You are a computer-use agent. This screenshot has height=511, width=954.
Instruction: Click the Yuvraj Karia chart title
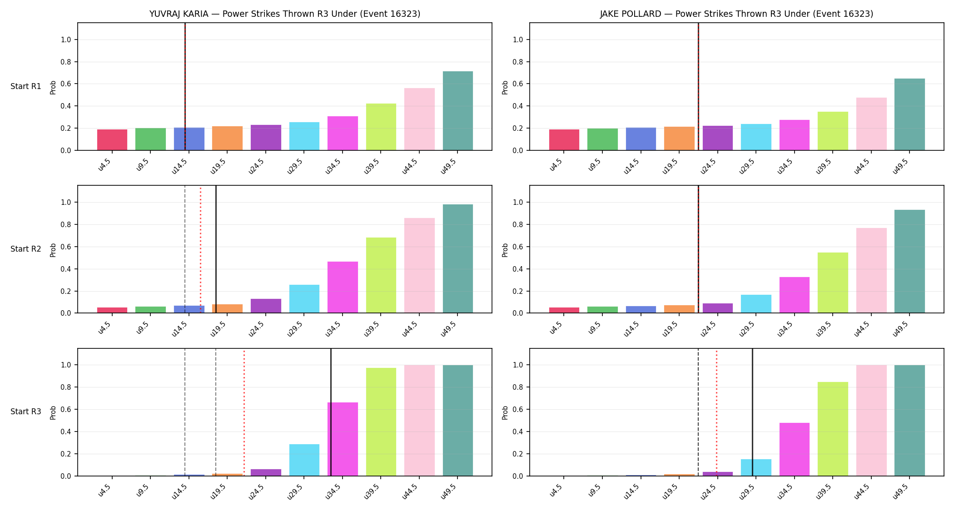[x=285, y=14]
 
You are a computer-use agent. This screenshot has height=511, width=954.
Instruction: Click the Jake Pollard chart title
[x=736, y=14]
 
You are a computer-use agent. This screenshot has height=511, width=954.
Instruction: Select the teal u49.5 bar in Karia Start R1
[x=458, y=111]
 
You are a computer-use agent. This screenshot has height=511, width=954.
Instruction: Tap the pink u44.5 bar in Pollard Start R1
[x=871, y=124]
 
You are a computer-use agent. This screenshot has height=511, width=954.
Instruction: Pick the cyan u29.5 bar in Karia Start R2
[x=304, y=299]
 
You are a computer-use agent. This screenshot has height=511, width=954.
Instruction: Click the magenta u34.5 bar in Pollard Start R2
[x=795, y=295]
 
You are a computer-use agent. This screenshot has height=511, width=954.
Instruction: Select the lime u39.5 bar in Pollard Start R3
[x=833, y=429]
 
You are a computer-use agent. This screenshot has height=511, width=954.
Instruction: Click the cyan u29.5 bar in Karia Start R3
[x=304, y=460]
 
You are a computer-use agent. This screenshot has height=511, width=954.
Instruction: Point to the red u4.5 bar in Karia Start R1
[x=112, y=140]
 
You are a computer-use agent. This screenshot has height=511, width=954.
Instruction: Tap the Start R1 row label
[x=26, y=86]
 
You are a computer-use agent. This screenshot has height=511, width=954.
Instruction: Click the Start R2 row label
[x=26, y=249]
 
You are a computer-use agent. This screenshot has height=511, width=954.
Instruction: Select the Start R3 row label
[x=26, y=412]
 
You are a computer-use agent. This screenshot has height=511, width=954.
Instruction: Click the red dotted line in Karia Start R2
[x=200, y=249]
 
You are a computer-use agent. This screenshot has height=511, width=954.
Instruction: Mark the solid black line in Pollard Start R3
[x=752, y=412]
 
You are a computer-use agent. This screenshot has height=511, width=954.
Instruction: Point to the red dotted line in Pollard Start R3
[x=716, y=412]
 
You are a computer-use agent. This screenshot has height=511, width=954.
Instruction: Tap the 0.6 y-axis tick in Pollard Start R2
[x=518, y=247]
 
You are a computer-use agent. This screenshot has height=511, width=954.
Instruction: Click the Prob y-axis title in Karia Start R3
[x=53, y=412]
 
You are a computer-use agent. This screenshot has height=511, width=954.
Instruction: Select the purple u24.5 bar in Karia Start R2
[x=266, y=306]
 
